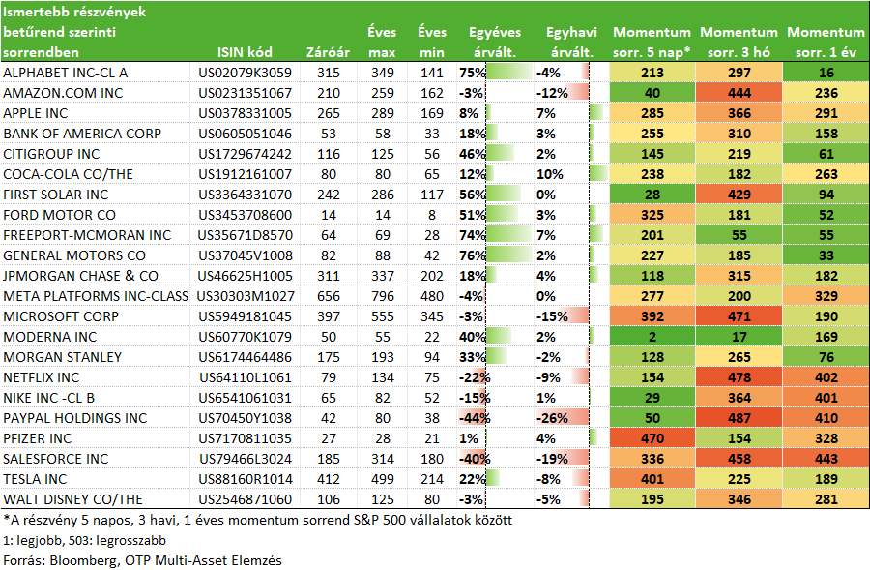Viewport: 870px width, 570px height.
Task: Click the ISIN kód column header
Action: point(245,52)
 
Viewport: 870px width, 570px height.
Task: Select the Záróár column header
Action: point(328,52)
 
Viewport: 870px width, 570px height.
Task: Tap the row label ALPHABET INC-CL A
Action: point(66,73)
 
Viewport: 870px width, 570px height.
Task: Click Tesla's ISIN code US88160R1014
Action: point(245,479)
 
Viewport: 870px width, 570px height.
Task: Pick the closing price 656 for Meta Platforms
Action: point(329,296)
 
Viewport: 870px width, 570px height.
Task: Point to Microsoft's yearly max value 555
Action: point(382,316)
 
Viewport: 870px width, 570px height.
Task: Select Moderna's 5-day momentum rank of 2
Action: point(652,337)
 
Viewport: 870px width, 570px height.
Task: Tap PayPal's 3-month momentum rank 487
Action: point(739,418)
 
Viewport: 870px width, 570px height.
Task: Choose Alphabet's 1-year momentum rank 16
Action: point(826,73)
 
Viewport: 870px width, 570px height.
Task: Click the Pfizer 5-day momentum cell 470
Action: point(652,439)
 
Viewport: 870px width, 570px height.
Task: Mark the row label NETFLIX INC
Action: point(41,377)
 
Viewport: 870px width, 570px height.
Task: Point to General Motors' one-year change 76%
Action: point(472,255)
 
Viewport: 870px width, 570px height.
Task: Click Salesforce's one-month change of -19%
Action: point(552,459)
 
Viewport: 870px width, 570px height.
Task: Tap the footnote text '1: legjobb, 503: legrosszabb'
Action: point(84,540)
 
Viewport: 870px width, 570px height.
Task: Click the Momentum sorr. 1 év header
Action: point(826,43)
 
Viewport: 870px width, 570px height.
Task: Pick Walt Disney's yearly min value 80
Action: point(432,499)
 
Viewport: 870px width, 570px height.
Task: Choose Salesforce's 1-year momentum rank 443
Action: point(826,459)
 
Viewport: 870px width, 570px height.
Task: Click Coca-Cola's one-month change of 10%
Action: point(550,174)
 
